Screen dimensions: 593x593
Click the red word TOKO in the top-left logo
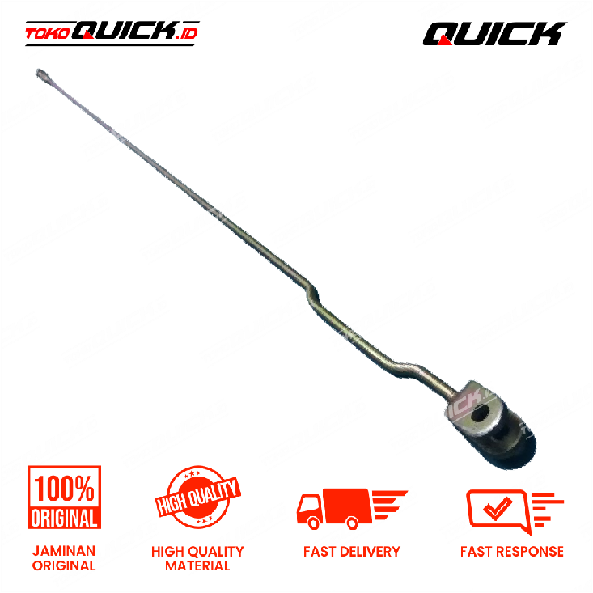pyautogui.click(x=47, y=34)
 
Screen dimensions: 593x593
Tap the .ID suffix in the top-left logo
pyautogui.click(x=187, y=34)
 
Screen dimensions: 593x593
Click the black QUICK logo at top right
pyautogui.click(x=494, y=34)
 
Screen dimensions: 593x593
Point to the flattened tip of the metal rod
pyautogui.click(x=40, y=74)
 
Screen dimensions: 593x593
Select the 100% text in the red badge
pyautogui.click(x=64, y=489)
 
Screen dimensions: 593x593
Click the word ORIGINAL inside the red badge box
pyautogui.click(x=64, y=518)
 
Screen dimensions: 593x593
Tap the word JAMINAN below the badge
pyautogui.click(x=64, y=551)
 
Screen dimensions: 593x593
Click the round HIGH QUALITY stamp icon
pyautogui.click(x=197, y=497)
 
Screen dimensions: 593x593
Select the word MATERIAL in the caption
pyautogui.click(x=197, y=565)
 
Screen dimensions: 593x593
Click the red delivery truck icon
pyautogui.click(x=352, y=509)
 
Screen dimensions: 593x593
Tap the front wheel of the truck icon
pyautogui.click(x=314, y=523)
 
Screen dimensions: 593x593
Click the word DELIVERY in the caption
pyautogui.click(x=370, y=552)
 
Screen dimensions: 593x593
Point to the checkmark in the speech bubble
pyautogui.click(x=498, y=507)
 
